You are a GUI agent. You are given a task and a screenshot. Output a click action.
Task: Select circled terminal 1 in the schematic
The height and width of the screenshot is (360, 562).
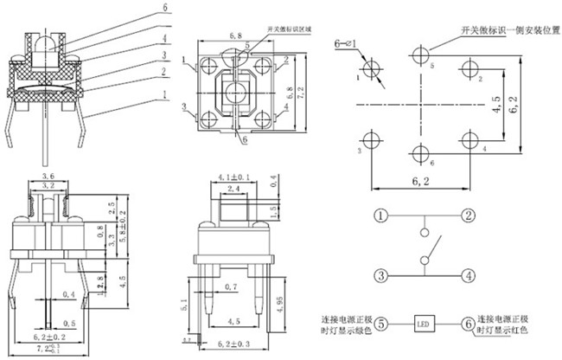pyautogui.click(x=380, y=215)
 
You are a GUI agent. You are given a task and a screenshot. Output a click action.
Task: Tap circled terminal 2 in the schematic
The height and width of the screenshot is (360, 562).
pyautogui.click(x=468, y=215)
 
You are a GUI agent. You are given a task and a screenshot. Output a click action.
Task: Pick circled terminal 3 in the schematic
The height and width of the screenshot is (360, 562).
pyautogui.click(x=380, y=276)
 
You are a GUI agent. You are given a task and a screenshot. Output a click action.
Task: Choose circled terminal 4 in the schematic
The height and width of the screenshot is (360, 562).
pyautogui.click(x=468, y=276)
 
